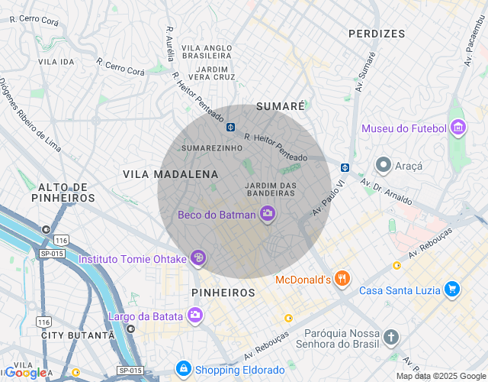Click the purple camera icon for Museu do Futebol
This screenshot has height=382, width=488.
pyautogui.click(x=457, y=128)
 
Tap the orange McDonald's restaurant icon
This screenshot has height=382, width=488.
pyautogui.click(x=343, y=280)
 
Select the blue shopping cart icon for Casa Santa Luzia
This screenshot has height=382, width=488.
pyautogui.click(x=452, y=289)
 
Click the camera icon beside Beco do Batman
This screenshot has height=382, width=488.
pyautogui.click(x=268, y=214)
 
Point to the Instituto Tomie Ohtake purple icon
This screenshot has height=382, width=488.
pyautogui.click(x=198, y=258)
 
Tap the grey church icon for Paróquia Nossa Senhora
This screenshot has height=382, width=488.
pyautogui.click(x=391, y=337)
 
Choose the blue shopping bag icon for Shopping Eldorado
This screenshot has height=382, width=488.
pyautogui.click(x=183, y=369)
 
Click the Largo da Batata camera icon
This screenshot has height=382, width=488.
pyautogui.click(x=195, y=316)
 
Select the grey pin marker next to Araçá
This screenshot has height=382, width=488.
pyautogui.click(x=384, y=164)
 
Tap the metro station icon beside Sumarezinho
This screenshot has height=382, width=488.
pyautogui.click(x=230, y=127)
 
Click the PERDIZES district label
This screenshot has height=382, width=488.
pyautogui.click(x=377, y=34)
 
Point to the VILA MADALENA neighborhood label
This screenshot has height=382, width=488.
pyautogui.click(x=160, y=174)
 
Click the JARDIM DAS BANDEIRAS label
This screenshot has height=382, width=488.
pyautogui.click(x=271, y=189)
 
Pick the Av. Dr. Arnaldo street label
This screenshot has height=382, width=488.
pyautogui.click(x=387, y=192)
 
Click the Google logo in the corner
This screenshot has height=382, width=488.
pyautogui.click(x=26, y=372)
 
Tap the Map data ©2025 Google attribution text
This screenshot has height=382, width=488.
pyautogui.click(x=440, y=376)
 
